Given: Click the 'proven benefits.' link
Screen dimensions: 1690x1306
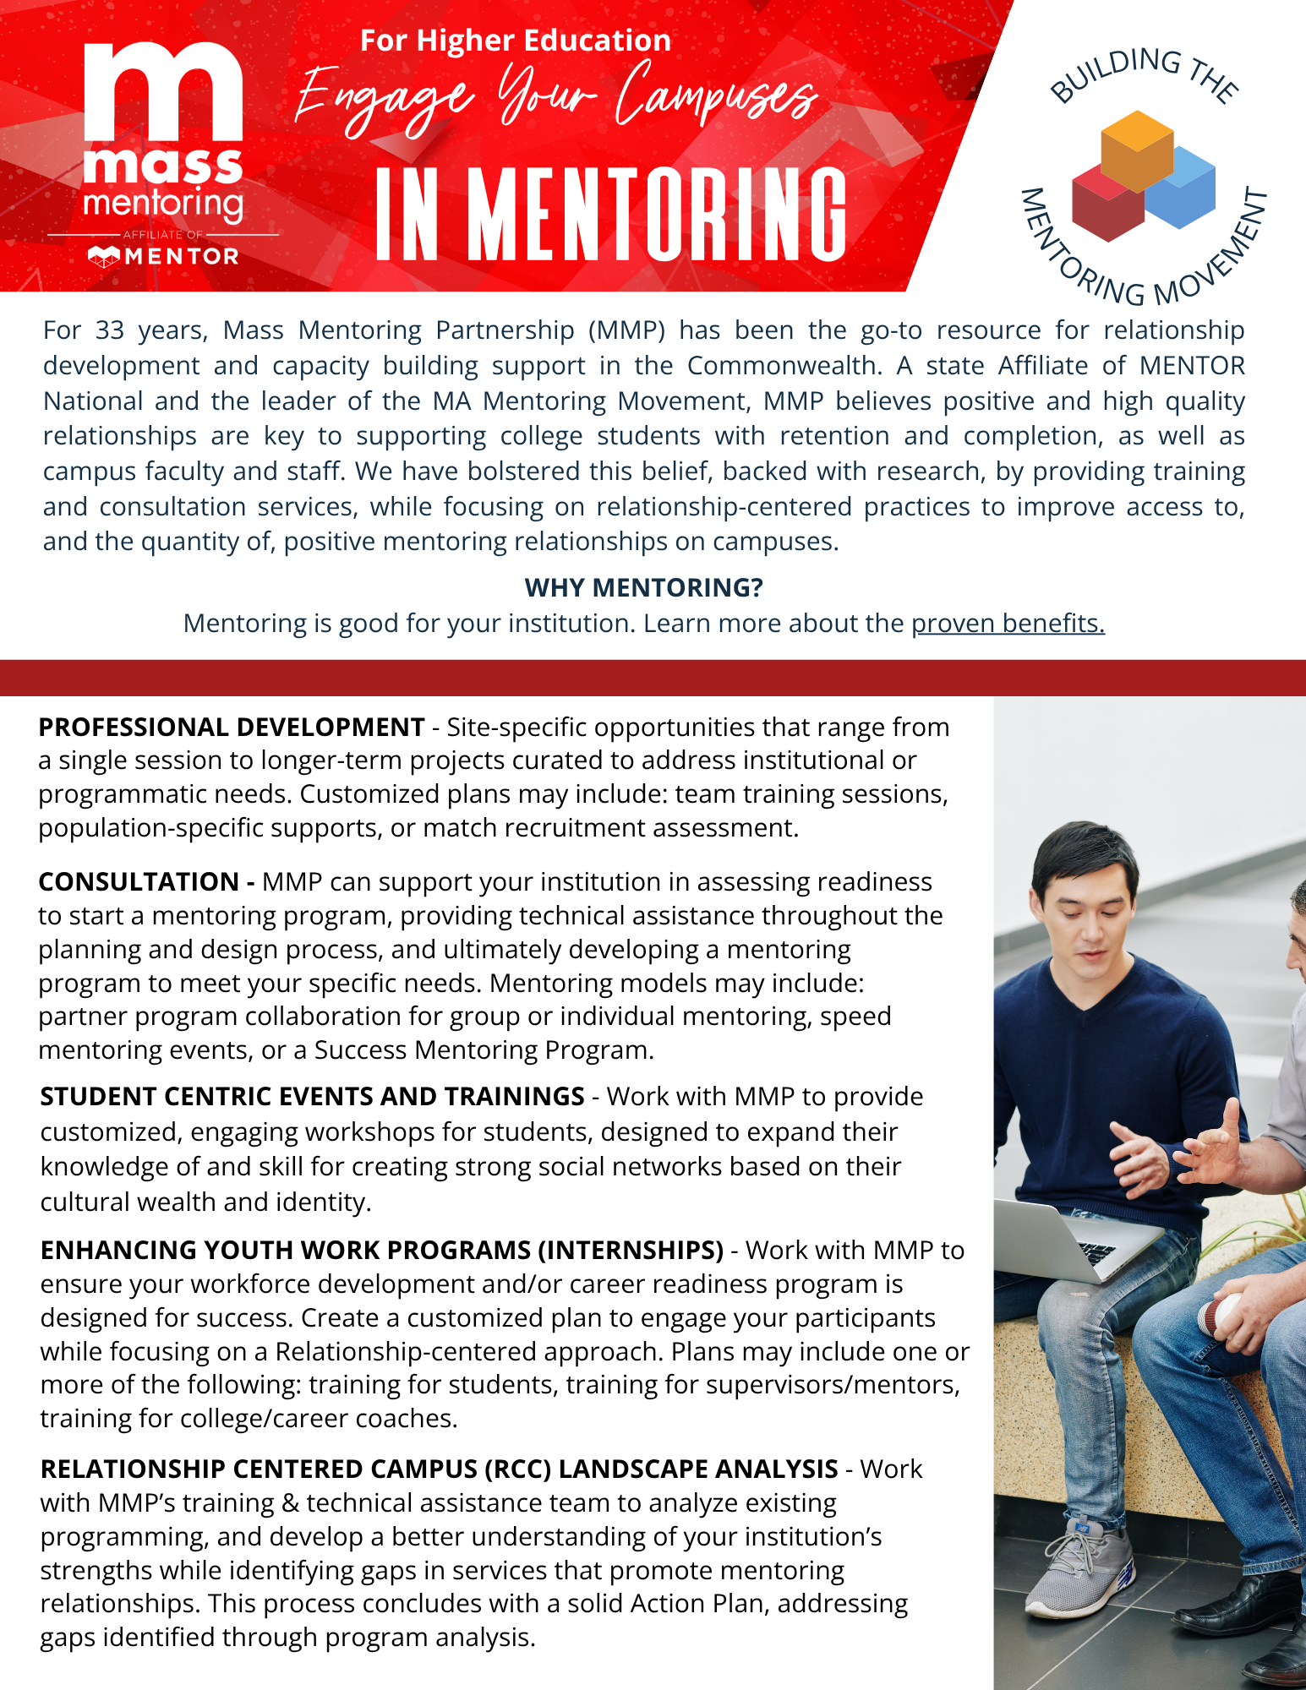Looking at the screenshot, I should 1008,624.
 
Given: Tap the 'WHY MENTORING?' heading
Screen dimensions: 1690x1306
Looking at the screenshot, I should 643,587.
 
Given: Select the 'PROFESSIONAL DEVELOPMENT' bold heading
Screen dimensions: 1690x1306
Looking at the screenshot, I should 231,728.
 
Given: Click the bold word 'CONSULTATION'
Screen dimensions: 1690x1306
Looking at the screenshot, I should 139,882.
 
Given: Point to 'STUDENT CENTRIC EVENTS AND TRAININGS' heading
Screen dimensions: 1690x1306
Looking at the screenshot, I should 312,1097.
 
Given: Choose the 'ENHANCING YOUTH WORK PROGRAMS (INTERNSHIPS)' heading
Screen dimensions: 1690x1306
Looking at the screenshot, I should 382,1251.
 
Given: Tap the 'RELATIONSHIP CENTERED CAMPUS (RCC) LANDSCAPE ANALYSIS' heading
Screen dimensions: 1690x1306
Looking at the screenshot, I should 439,1469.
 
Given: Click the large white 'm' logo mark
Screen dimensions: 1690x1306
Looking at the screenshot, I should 164,93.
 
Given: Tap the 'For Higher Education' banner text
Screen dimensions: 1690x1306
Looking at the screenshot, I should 516,41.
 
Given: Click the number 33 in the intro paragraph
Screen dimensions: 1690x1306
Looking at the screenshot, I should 109,330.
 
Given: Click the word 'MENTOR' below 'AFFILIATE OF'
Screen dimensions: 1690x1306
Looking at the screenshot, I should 181,257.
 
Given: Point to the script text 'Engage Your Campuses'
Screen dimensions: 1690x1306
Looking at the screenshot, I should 555,100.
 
